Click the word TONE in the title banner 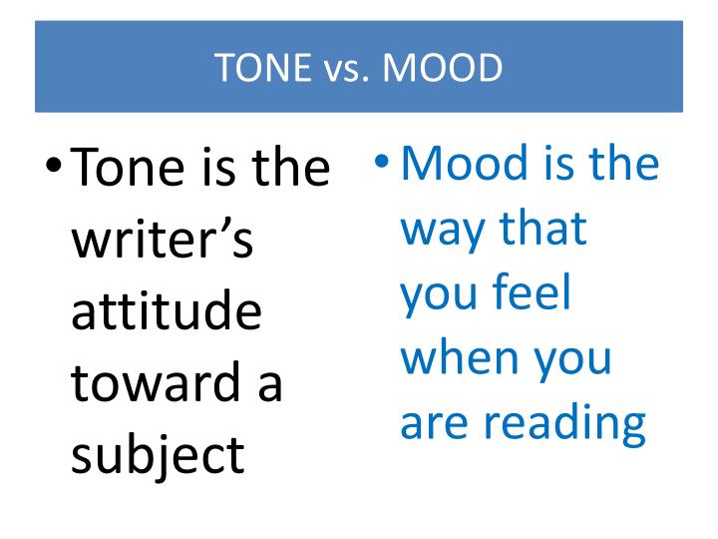coord(263,68)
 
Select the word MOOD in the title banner coord(442,68)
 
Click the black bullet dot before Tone coord(53,164)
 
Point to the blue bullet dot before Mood coord(381,161)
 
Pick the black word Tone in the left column coord(128,167)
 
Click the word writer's coord(163,239)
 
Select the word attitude coord(167,310)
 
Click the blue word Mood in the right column coord(465,163)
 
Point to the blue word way coord(443,232)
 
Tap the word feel coord(533,291)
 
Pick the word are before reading coord(434,425)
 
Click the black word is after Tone coord(218,167)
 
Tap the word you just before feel coord(439,295)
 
